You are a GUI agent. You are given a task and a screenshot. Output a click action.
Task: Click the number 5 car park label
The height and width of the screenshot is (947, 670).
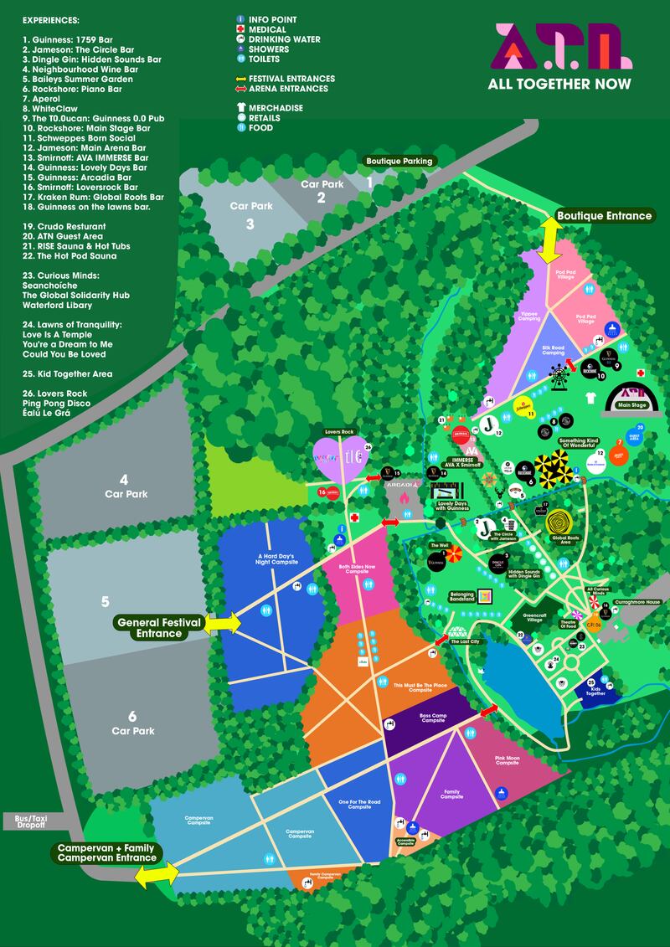pos(105,601)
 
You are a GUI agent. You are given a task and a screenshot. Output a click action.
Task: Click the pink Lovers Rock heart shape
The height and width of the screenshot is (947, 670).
pos(339,459)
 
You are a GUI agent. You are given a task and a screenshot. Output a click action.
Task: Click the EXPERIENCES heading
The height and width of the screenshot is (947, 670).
pos(51,18)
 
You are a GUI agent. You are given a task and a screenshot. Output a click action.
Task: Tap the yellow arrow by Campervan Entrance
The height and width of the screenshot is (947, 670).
pos(157,875)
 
